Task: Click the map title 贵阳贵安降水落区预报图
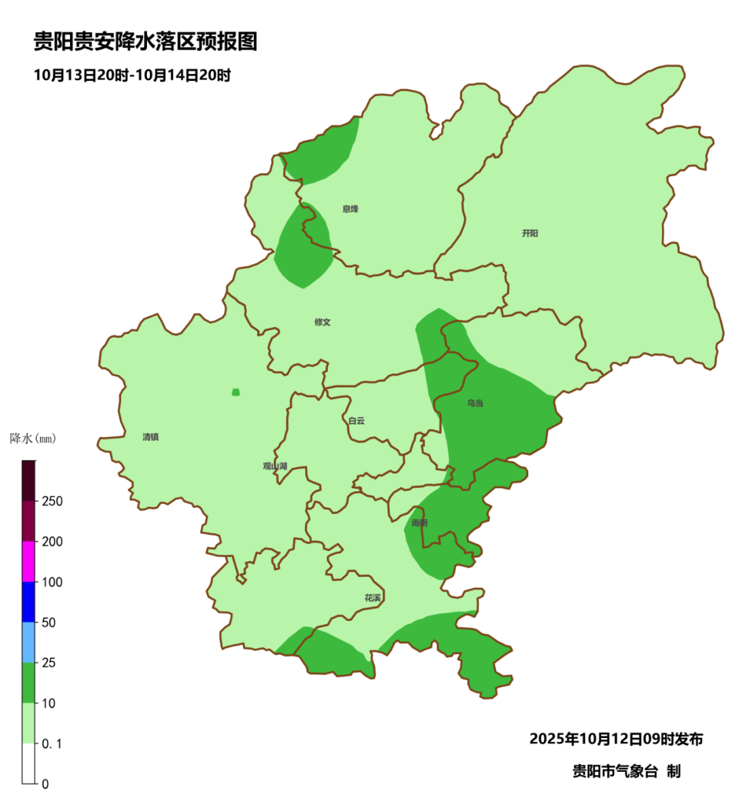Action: pyautogui.click(x=146, y=42)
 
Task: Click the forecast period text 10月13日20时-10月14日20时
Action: pyautogui.click(x=132, y=75)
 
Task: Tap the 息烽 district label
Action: pyautogui.click(x=350, y=209)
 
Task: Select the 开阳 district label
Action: pyautogui.click(x=530, y=233)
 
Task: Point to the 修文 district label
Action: pyautogui.click(x=323, y=322)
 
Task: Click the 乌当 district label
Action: pyautogui.click(x=475, y=403)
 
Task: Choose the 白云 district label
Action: pyautogui.click(x=357, y=421)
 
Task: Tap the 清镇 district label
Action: pyautogui.click(x=150, y=437)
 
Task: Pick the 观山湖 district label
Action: pyautogui.click(x=275, y=467)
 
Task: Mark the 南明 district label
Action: pyautogui.click(x=419, y=523)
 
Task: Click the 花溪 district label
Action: pyautogui.click(x=373, y=598)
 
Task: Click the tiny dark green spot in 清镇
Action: pyautogui.click(x=235, y=392)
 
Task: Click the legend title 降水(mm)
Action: pyautogui.click(x=33, y=439)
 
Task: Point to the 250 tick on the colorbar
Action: pyautogui.click(x=52, y=501)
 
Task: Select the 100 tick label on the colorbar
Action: pyautogui.click(x=52, y=582)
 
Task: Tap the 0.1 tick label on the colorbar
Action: pyautogui.click(x=52, y=744)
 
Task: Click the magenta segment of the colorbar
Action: pyautogui.click(x=29, y=562)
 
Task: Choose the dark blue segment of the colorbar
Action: pyautogui.click(x=29, y=602)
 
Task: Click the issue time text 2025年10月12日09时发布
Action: pyautogui.click(x=616, y=739)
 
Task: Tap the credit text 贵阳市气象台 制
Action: pyautogui.click(x=626, y=771)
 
